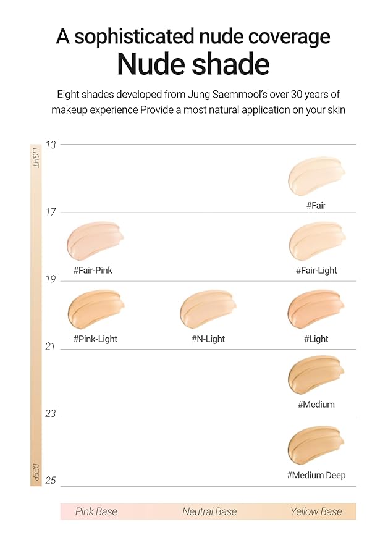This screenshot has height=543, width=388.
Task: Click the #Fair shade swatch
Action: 316,176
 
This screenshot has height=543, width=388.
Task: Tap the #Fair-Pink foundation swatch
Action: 95,241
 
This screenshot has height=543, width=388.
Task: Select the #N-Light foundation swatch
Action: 208,309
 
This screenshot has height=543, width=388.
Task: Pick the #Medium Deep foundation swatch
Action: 316,445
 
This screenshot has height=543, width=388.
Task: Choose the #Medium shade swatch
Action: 316,375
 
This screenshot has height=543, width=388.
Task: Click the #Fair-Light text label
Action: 316,271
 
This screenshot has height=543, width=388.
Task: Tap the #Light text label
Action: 316,339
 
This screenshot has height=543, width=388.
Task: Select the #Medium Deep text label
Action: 316,475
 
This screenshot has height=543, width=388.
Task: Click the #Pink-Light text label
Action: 95,339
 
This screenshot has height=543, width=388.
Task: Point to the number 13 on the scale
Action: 51,145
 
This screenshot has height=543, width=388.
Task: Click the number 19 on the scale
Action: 51,279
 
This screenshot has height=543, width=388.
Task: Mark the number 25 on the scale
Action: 51,480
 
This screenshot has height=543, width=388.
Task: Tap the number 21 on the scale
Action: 51,347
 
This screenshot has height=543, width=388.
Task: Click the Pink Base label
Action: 96,511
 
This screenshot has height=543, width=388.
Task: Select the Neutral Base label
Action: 209,511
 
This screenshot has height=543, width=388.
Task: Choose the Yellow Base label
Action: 316,511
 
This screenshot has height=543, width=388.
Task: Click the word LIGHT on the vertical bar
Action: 36,157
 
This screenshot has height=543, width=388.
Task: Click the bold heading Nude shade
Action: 193,64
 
